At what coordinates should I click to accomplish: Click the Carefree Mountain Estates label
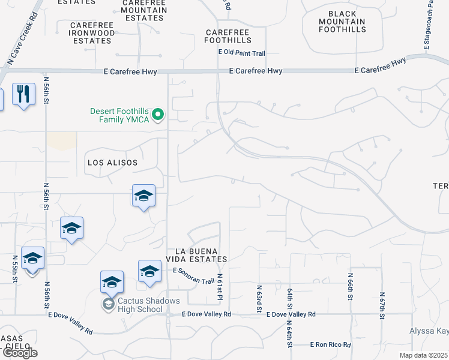point(143,10)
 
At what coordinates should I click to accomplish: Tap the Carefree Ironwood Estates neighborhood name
point(91,33)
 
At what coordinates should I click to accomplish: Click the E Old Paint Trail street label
point(241,53)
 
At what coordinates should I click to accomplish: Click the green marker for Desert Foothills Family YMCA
point(158,114)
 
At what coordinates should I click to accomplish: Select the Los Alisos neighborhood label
point(112,163)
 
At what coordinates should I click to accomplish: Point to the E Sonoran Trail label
point(193,276)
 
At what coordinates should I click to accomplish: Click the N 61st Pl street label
point(220,288)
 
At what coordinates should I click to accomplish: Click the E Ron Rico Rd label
point(330,344)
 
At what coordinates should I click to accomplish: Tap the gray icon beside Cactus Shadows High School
point(108,304)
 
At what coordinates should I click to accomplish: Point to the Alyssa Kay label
point(429,331)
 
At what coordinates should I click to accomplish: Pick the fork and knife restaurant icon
point(23,94)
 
